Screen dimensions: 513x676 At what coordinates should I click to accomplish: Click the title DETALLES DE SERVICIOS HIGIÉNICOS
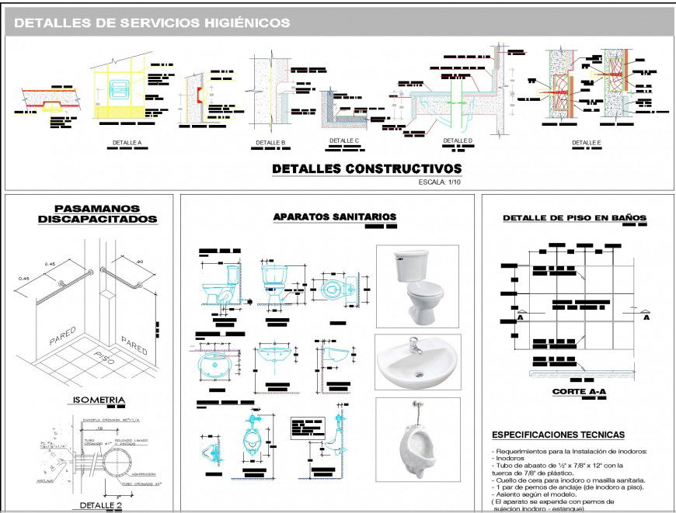point(152,23)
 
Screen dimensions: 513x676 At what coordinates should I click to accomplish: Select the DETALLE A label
point(127,143)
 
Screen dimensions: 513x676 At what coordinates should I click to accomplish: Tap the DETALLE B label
point(270,143)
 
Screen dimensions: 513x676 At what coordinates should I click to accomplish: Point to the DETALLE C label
point(344,140)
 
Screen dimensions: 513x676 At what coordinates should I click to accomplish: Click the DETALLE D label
point(458,140)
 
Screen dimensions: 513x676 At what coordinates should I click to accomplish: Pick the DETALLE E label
point(587,143)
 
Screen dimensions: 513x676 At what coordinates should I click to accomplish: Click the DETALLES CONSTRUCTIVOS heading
point(366,169)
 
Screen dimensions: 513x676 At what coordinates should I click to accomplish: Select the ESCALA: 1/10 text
point(441,182)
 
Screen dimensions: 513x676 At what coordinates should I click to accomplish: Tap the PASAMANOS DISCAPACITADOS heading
point(97,214)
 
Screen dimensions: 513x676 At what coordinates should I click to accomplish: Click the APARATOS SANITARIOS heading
point(335,217)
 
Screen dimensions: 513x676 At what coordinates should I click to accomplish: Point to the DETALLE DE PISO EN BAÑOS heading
point(574,218)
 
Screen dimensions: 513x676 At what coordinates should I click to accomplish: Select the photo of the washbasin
point(417,362)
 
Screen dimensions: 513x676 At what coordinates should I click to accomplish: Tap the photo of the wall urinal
point(416,438)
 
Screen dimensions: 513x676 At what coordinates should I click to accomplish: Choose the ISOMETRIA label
point(98,400)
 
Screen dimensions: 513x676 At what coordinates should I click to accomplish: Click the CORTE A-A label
point(579,393)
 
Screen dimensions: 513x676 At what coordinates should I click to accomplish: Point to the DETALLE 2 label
point(101,505)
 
